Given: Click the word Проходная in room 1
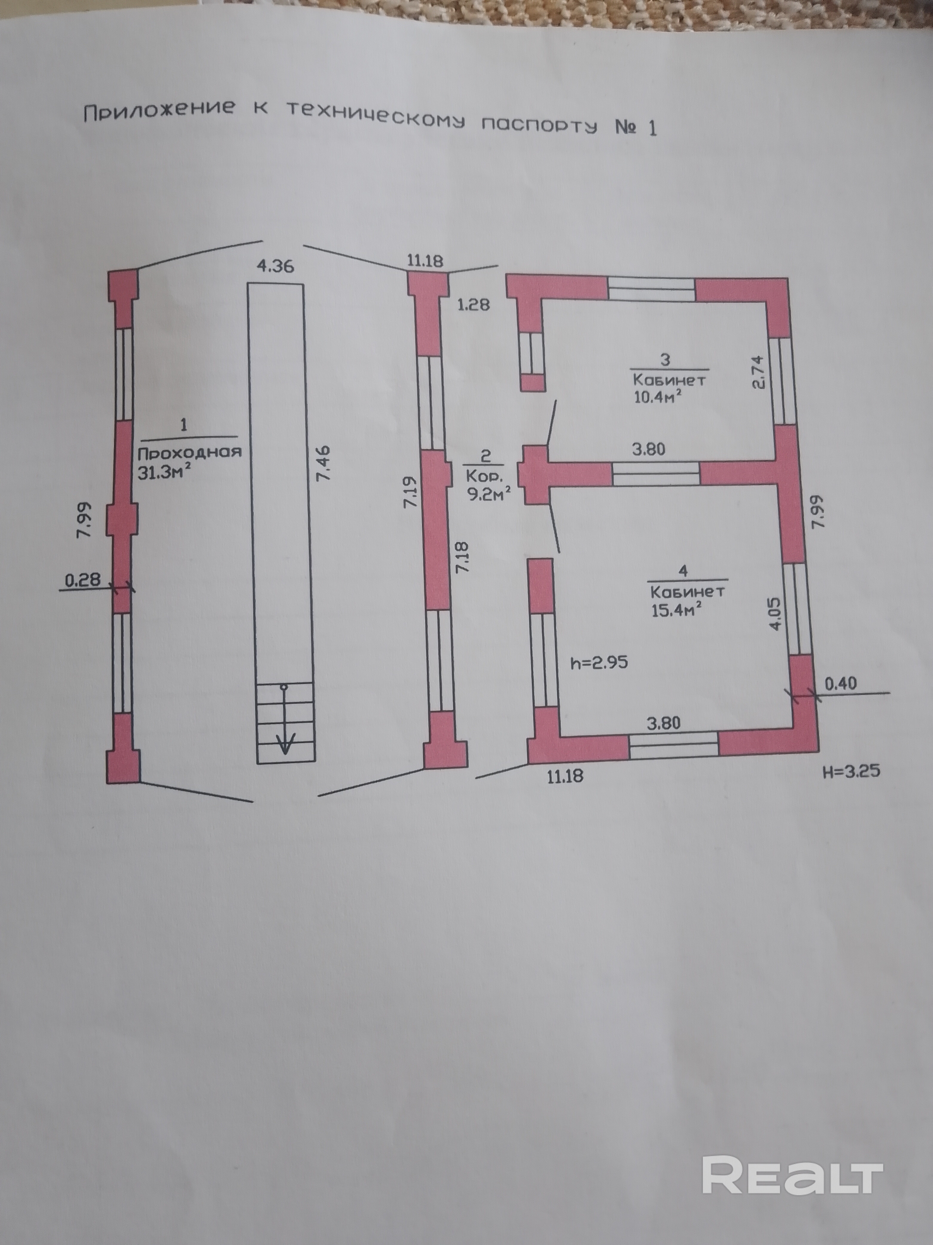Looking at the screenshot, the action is pos(190,452).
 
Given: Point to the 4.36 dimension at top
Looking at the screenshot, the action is pos(276,266).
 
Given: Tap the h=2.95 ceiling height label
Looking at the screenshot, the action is pos(599,663).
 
